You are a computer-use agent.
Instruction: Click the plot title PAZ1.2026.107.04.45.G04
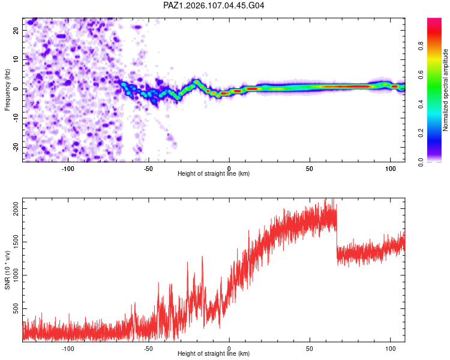pos(214,5)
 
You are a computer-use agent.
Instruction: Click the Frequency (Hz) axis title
pos(7,90)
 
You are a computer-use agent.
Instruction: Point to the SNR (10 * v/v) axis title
pos(7,270)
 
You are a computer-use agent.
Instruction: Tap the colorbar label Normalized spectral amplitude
pos(445,90)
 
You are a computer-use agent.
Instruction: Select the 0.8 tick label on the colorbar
pos(421,46)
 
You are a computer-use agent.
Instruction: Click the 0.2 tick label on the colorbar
pos(421,133)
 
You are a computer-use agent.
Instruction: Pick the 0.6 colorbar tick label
pos(421,75)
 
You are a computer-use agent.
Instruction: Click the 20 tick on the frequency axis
pos(16,31)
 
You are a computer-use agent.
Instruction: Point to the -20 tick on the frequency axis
pos(16,147)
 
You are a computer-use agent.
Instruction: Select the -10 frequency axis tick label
pos(16,118)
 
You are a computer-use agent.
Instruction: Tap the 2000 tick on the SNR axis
pos(16,209)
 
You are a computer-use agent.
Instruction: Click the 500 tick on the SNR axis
pos(16,308)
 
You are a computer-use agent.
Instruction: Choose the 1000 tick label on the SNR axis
pos(16,275)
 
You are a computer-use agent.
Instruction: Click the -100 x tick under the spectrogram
pos(68,169)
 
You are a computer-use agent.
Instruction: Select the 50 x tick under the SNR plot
pos(310,349)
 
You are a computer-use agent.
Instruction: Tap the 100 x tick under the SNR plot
pos(391,349)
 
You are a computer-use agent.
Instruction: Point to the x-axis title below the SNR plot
pos(214,353)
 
